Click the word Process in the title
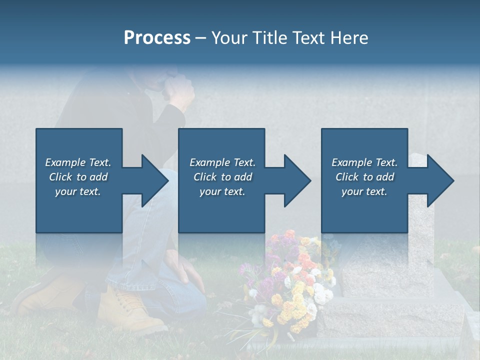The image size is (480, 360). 157,38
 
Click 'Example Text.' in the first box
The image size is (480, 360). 78,162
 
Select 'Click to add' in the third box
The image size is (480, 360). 364,177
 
